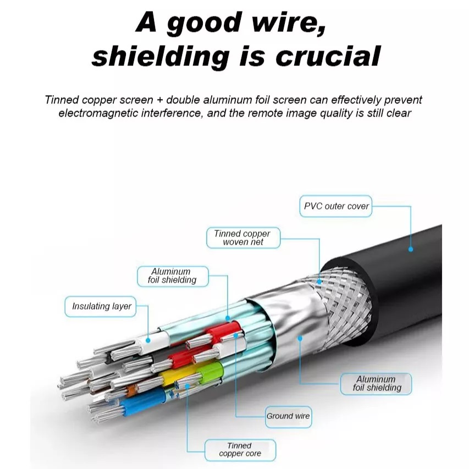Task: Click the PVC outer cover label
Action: [x=336, y=206]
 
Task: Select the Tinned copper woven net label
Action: [x=242, y=238]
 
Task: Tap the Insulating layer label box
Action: [x=102, y=306]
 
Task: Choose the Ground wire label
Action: [x=288, y=416]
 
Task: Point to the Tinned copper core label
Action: [x=239, y=450]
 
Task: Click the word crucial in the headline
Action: [x=328, y=57]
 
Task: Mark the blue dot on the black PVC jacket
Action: [x=410, y=249]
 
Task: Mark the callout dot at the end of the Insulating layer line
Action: [x=148, y=340]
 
